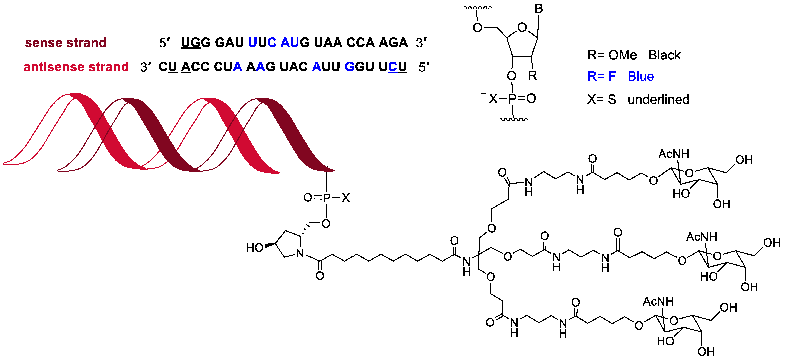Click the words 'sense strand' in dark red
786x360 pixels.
tap(66, 43)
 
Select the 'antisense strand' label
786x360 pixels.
tap(76, 67)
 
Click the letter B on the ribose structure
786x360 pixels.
tap(539, 9)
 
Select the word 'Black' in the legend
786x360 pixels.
tap(664, 55)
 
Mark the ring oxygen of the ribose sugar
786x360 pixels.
tap(522, 28)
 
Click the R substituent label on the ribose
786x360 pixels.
tap(532, 76)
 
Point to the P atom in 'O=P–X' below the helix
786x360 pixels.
tap(326, 198)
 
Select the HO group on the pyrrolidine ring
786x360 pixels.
tap(255, 248)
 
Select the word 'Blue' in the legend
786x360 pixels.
tap(641, 76)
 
